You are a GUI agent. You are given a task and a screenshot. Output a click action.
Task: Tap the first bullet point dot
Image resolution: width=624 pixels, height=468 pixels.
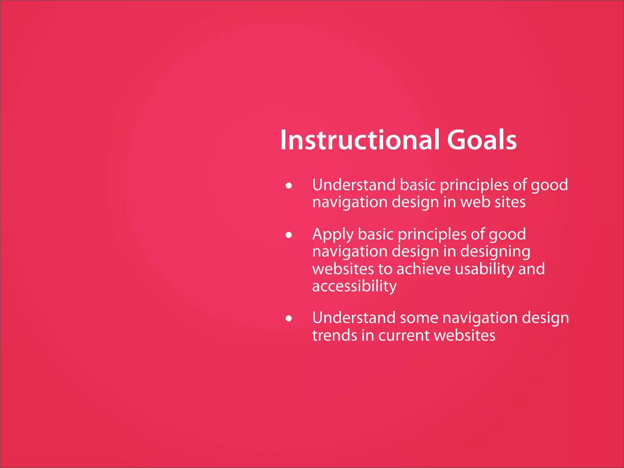(289, 186)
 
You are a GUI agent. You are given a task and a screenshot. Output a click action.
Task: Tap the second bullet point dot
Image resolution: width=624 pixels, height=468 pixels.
(289, 235)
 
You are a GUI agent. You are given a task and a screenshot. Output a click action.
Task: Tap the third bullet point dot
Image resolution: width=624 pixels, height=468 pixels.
(289, 319)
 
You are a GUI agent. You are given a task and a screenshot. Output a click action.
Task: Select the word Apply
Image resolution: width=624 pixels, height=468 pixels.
(333, 235)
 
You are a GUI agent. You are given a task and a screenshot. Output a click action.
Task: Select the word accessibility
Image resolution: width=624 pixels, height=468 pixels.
(354, 286)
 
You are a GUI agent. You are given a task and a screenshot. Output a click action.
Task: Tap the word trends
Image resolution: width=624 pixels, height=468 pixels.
(334, 335)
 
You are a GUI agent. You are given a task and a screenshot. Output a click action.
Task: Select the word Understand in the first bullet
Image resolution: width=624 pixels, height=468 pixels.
(353, 185)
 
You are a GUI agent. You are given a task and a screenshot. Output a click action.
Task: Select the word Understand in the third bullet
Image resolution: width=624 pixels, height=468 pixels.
(353, 318)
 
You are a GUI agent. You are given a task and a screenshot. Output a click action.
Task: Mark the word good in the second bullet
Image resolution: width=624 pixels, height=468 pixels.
(507, 235)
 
